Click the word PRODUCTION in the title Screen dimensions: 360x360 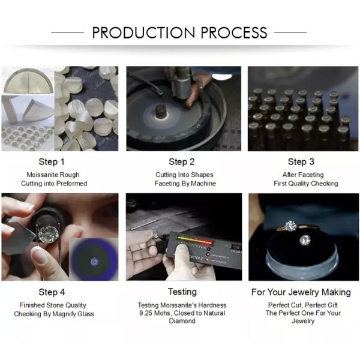click(x=144, y=32)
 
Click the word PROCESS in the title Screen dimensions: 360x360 click(x=234, y=32)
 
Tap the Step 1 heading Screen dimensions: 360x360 click(x=52, y=162)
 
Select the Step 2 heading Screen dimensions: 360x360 click(x=182, y=162)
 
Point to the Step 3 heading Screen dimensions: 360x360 click(x=301, y=162)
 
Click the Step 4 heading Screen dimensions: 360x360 click(x=52, y=292)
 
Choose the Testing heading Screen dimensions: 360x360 click(x=182, y=292)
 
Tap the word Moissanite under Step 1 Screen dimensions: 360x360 click(x=40, y=175)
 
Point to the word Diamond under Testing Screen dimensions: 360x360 click(x=182, y=321)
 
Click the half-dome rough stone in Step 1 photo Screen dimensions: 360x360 click(x=28, y=81)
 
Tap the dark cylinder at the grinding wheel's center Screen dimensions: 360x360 click(x=161, y=111)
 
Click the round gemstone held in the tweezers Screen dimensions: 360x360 click(x=48, y=235)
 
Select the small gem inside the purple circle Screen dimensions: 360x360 click(x=94, y=262)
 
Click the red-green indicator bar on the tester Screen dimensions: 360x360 click(x=195, y=240)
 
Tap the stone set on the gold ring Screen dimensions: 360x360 click(x=291, y=226)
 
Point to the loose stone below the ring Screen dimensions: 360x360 click(x=305, y=240)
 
